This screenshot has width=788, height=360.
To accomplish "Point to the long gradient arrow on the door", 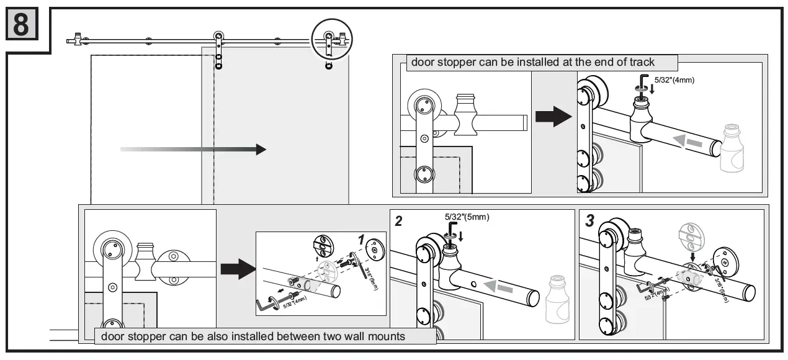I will (x=193, y=149).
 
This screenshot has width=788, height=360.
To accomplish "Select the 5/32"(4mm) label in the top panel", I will (x=674, y=80).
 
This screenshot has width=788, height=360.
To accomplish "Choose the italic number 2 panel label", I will (x=400, y=221).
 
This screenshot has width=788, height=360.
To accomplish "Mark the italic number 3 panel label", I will (x=589, y=221).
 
